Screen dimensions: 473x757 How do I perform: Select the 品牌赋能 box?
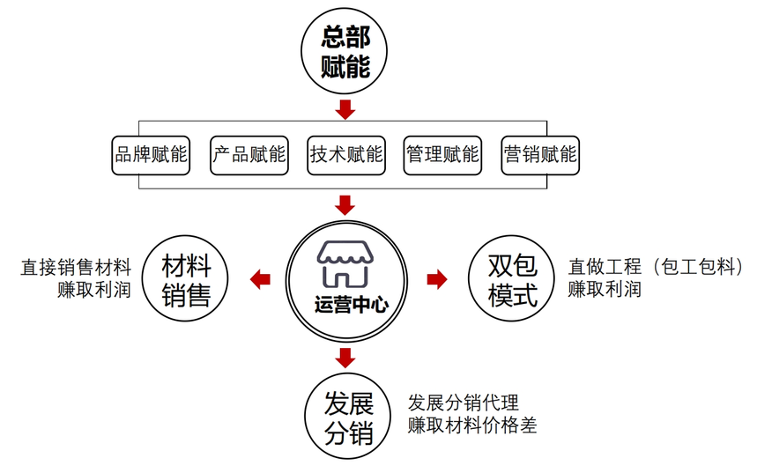(x=152, y=155)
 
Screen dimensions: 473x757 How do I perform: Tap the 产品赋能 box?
(x=249, y=155)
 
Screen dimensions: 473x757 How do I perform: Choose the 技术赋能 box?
(x=346, y=155)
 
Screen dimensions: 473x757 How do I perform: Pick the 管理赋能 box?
(x=442, y=155)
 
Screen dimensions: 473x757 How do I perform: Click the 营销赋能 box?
(x=539, y=155)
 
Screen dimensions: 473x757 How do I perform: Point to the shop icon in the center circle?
(x=345, y=263)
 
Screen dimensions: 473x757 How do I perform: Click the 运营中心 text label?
(x=345, y=306)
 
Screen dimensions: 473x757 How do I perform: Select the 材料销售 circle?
(x=186, y=280)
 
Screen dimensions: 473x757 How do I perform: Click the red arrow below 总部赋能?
(x=345, y=109)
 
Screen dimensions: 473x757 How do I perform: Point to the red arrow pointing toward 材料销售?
(x=261, y=280)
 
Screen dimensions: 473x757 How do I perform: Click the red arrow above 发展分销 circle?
(x=345, y=358)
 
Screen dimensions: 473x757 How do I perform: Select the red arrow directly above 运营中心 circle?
(x=345, y=205)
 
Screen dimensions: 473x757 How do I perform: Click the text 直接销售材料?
(x=76, y=267)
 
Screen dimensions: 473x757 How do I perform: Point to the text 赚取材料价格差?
(x=472, y=426)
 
